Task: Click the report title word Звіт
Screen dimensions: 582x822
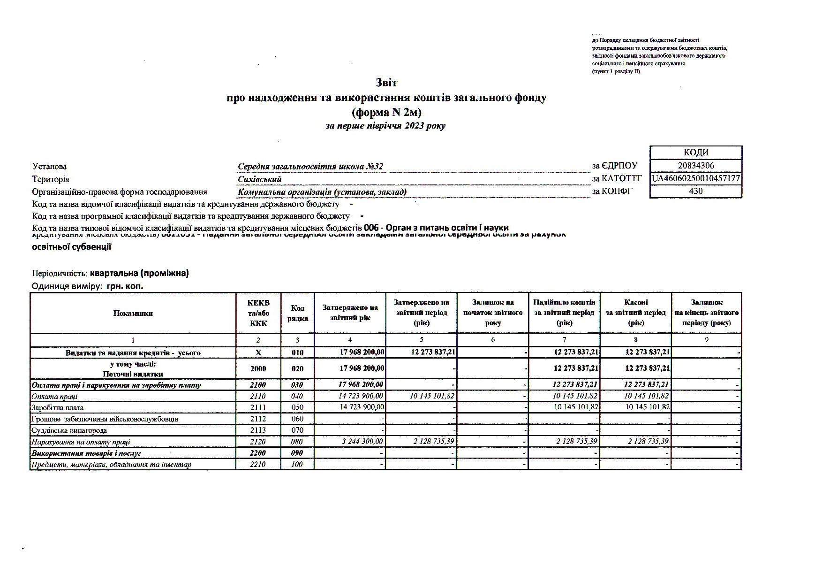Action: [x=386, y=83]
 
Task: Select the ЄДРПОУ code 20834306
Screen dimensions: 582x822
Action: [x=696, y=166]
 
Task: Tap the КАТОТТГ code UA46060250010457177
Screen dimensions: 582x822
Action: [x=696, y=178]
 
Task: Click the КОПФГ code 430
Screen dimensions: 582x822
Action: [x=696, y=191]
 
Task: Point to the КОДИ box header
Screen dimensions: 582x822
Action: [x=696, y=153]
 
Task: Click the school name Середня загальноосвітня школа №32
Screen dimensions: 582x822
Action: [x=310, y=167]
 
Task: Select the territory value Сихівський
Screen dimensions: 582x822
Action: [x=260, y=179]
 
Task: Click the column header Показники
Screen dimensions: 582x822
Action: [x=133, y=314]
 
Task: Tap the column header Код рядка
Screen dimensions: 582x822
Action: [x=297, y=314]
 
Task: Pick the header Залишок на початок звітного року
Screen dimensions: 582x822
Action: [x=492, y=313]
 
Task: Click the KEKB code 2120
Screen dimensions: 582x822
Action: [x=258, y=442]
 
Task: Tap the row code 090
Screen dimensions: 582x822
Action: [x=297, y=453]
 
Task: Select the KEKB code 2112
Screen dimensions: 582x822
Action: [x=258, y=419]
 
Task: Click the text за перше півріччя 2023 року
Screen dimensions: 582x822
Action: [x=385, y=126]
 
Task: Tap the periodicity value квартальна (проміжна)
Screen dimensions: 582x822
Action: [x=139, y=273]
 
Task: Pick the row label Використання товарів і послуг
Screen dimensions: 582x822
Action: [x=86, y=453]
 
